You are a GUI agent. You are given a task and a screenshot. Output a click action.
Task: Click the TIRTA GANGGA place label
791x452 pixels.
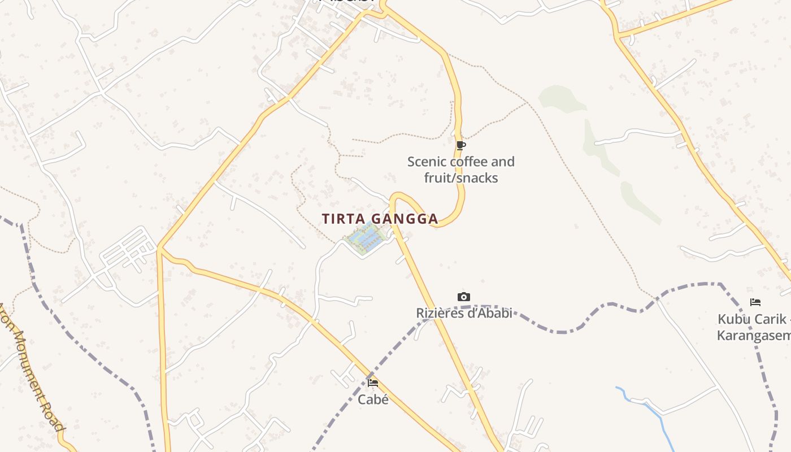pos(380,219)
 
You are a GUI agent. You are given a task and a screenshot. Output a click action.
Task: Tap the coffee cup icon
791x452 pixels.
pos(461,145)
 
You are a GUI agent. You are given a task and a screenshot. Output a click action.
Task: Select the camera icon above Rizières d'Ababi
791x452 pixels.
pos(463,297)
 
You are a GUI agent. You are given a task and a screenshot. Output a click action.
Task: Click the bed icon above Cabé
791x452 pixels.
pos(373,383)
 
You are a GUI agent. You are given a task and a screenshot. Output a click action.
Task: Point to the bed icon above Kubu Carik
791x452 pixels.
pos(755,302)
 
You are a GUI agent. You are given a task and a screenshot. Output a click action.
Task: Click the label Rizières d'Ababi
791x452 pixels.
pos(464,313)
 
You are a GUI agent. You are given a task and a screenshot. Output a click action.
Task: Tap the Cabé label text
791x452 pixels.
pos(373,399)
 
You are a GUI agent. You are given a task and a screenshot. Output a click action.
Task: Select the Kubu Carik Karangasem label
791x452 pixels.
pos(753,327)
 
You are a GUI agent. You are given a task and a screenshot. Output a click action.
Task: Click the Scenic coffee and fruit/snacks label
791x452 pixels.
pos(461,169)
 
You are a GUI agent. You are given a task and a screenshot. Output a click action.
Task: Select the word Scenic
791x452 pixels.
pos(427,162)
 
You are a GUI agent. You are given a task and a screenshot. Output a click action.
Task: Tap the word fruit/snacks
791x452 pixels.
pos(461,178)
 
